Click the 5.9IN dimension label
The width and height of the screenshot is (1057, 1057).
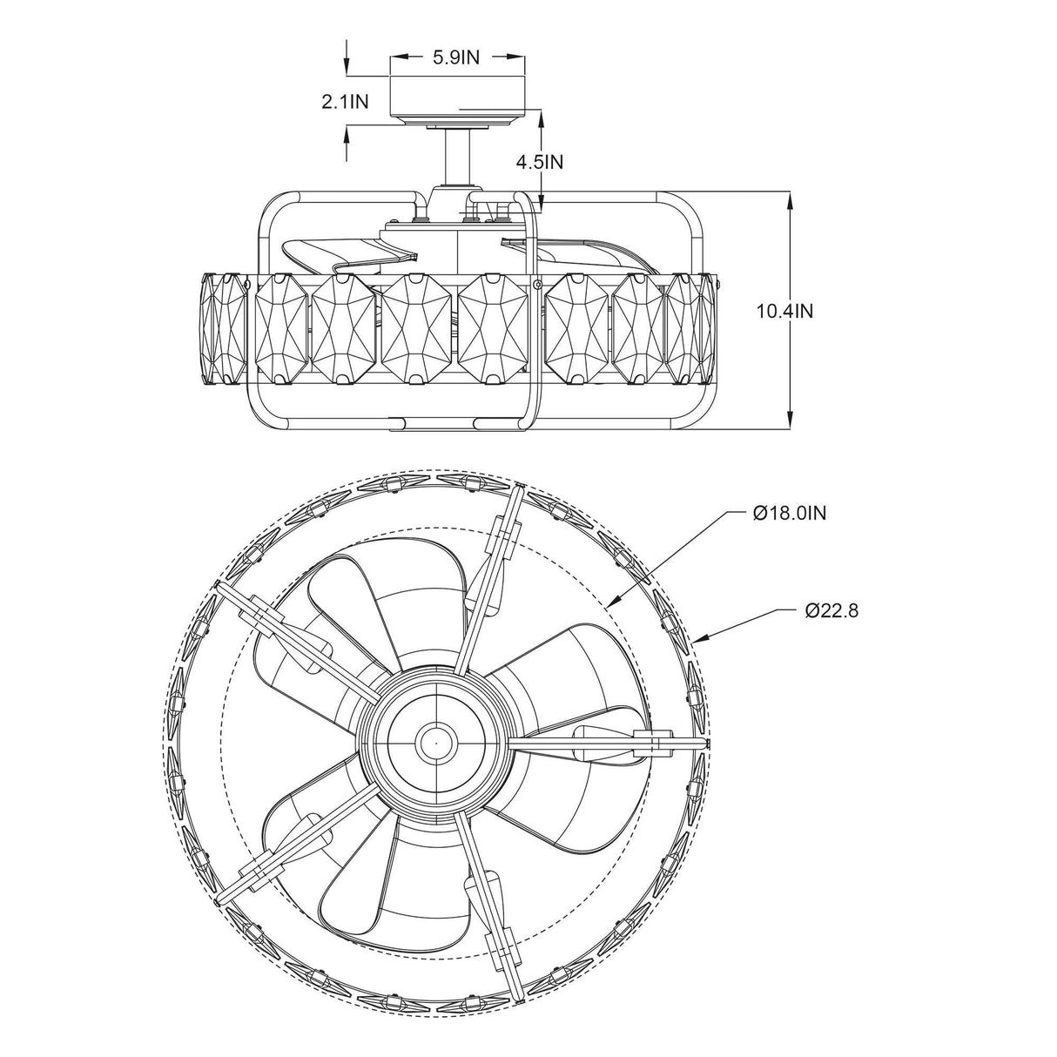coord(456,58)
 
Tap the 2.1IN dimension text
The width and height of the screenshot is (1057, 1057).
coord(345,102)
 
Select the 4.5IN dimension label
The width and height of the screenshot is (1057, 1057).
coord(540,161)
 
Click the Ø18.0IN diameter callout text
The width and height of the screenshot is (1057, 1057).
coord(789,513)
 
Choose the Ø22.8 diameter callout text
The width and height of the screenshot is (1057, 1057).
coord(832,610)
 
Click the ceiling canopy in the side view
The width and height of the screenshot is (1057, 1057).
coord(457,99)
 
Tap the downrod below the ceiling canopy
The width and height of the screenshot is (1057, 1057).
coord(456,157)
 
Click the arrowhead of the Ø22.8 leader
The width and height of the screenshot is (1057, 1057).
coord(707,641)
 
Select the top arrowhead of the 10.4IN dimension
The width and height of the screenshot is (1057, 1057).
coord(790,199)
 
